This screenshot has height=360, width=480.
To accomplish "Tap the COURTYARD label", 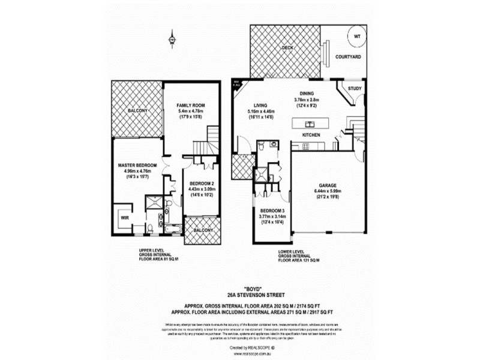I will click(x=348, y=56).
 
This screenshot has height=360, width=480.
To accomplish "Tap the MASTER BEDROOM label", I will click(x=137, y=165).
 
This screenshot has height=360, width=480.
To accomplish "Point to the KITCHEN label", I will click(x=311, y=136).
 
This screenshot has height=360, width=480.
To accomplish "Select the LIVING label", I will click(x=260, y=104).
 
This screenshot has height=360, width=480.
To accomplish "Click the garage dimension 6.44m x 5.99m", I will click(x=327, y=192).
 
